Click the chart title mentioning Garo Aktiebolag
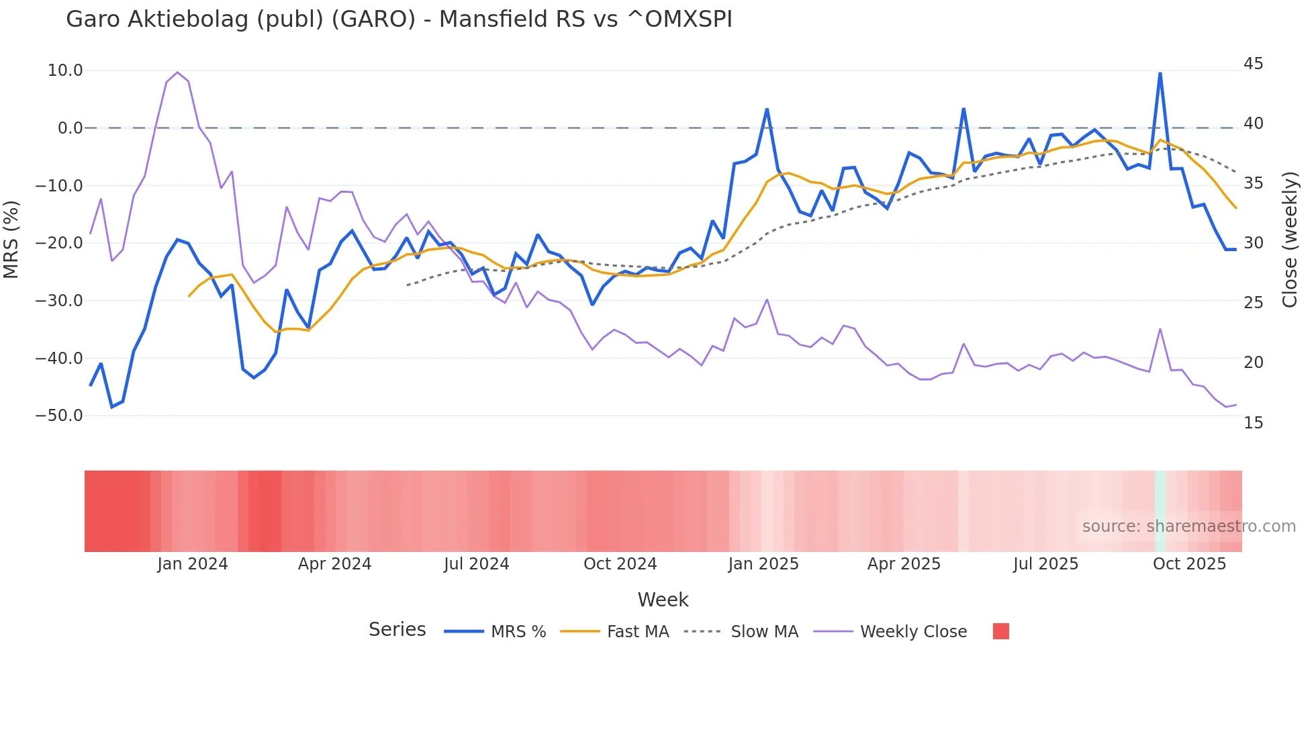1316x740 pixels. tap(399, 19)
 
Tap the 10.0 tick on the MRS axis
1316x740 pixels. tap(65, 71)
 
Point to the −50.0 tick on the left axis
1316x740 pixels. tap(60, 416)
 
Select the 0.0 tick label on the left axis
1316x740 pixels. tap(70, 128)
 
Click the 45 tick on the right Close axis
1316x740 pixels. tap(1253, 64)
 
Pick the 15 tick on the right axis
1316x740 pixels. tap(1253, 423)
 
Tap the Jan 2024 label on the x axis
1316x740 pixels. tap(193, 564)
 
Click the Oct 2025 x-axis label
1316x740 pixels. tap(1189, 564)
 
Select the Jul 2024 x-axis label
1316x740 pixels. tap(476, 564)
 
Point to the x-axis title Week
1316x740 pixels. tap(663, 600)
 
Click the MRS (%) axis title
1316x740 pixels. tap(11, 239)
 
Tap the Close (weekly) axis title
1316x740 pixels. tap(1290, 240)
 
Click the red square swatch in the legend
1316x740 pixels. tap(1000, 631)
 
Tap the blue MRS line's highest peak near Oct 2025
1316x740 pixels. tap(1160, 73)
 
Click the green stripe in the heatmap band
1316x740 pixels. tap(1160, 511)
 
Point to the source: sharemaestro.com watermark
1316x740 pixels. tap(1188, 526)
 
